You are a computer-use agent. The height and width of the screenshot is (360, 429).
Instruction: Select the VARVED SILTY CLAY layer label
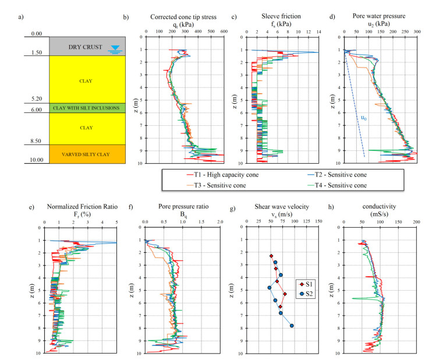(x=85, y=154)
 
